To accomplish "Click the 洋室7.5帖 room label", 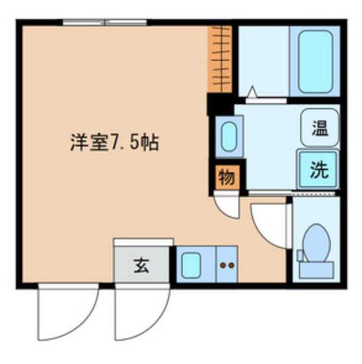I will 114,143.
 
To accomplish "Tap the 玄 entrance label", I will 141,265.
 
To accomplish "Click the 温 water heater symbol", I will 319,128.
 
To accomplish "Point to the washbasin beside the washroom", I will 229,137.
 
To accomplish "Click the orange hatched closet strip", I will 219,59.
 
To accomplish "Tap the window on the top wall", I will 105,22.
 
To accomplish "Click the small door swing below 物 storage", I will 228,205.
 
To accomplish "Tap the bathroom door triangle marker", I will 251,92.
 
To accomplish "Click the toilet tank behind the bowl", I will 316,268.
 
